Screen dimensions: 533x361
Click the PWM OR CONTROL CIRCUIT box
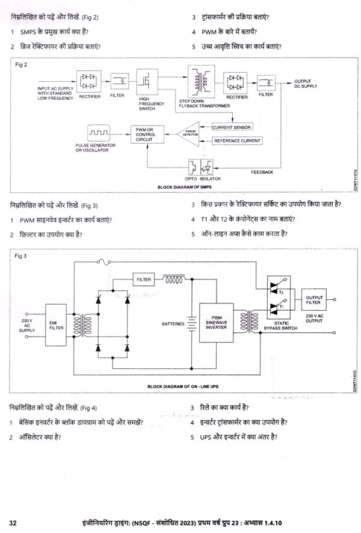146,134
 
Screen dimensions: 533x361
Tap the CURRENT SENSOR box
231,127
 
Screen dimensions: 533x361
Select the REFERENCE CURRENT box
237,141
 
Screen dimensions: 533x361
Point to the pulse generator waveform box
97,132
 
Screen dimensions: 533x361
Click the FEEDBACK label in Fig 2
262,172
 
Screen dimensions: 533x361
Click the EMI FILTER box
56,325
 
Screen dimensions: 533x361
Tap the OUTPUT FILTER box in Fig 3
314,299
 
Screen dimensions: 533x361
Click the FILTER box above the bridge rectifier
144,279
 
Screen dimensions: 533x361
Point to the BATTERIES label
173,323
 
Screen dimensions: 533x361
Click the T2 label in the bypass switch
282,291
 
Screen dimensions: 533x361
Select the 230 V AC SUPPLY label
27,325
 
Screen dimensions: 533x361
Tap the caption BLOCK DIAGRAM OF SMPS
182,187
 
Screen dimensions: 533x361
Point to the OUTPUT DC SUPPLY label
306,83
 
